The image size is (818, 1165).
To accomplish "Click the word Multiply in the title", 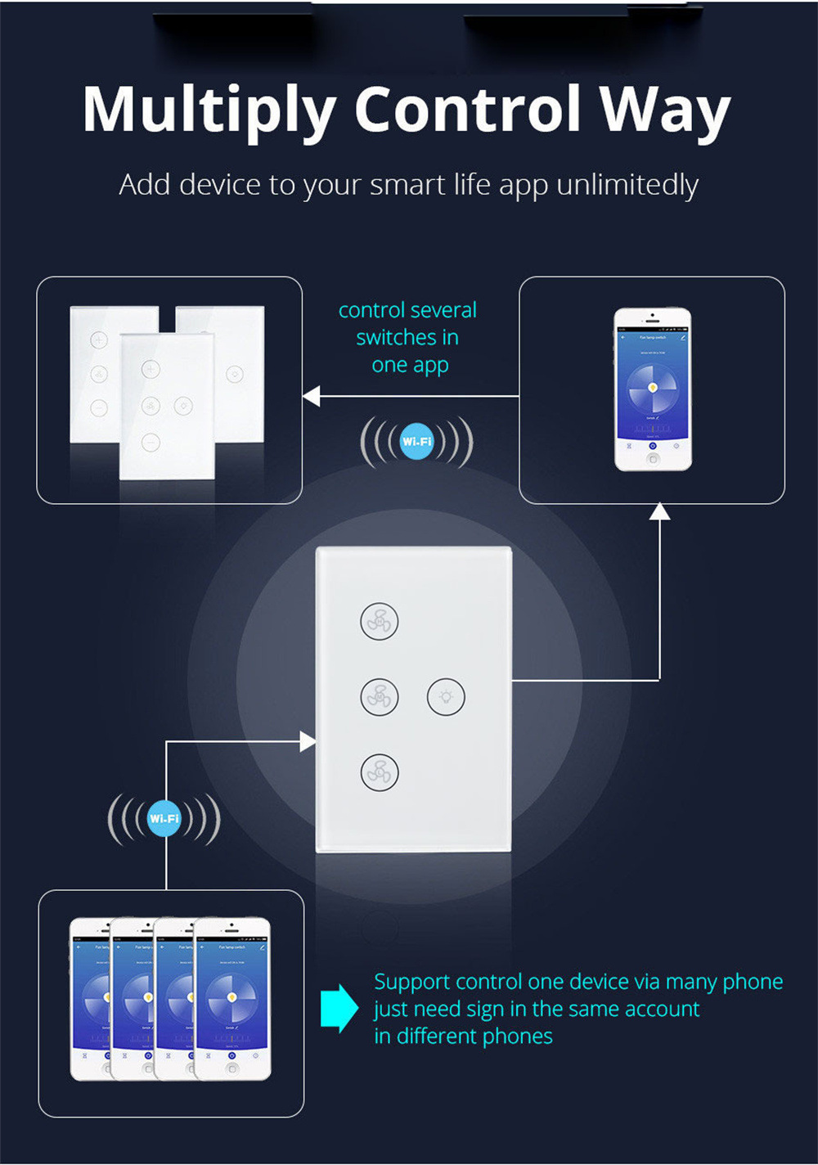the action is (x=209, y=111).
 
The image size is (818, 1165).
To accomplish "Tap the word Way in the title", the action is (x=664, y=111).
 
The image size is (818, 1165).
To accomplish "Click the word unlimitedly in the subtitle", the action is (x=627, y=185).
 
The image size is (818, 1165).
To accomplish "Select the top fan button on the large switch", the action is (x=380, y=622).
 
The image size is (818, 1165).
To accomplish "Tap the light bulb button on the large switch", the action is (x=446, y=697).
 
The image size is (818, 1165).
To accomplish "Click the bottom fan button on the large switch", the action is (x=380, y=772).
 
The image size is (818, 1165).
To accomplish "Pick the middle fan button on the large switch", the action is (x=380, y=697).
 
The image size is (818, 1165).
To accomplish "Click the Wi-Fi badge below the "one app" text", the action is (x=417, y=442).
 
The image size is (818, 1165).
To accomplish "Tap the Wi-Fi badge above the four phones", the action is (x=164, y=819).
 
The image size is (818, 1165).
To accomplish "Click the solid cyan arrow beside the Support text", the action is (x=339, y=1008).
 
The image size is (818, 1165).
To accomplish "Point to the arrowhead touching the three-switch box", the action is (x=311, y=396).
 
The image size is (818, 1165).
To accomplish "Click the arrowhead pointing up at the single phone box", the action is (x=659, y=511).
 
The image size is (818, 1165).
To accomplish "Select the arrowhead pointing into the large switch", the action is (x=308, y=742).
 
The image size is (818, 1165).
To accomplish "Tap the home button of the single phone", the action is (x=653, y=459).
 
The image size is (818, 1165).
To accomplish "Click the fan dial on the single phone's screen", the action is (x=653, y=387).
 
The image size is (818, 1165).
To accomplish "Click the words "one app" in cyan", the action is (x=410, y=365).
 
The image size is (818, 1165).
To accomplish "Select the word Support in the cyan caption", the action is (x=412, y=982).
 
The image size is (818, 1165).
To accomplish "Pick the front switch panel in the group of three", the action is (x=167, y=406).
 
